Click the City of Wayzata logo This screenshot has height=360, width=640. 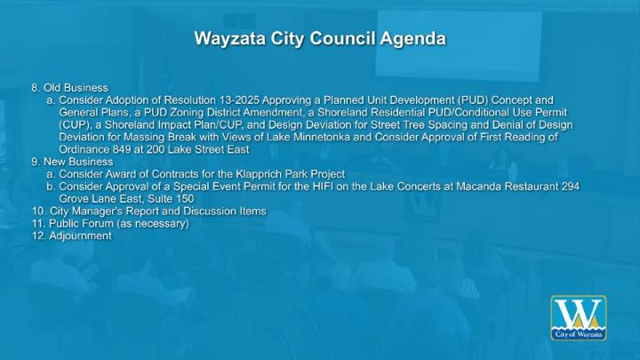click(x=579, y=318)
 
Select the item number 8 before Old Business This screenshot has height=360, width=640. click(x=36, y=88)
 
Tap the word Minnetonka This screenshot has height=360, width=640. click(x=322, y=137)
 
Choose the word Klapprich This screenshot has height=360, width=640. click(x=259, y=174)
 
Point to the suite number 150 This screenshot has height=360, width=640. click(x=185, y=199)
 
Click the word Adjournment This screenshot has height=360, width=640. click(x=80, y=236)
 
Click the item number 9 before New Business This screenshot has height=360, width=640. click(x=36, y=162)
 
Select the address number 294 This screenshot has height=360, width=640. click(x=570, y=187)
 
